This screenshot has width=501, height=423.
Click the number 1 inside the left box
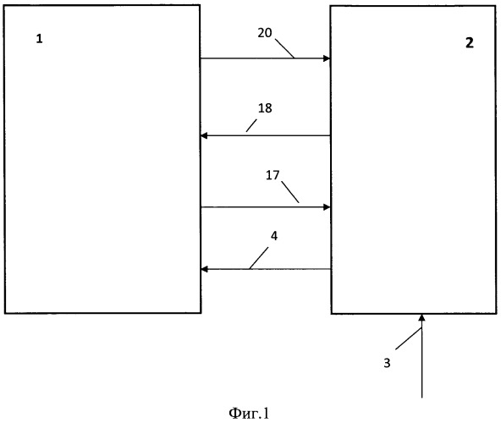pyautogui.click(x=39, y=39)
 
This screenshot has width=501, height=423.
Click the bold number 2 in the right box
pyautogui.click(x=469, y=42)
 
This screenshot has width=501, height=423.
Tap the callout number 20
pyautogui.click(x=265, y=33)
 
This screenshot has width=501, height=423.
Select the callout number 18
pyautogui.click(x=265, y=108)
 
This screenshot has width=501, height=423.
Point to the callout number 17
pyautogui.click(x=273, y=175)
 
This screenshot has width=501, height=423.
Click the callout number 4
pyautogui.click(x=274, y=236)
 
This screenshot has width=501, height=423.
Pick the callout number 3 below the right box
pyautogui.click(x=387, y=363)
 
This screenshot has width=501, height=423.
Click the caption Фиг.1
pyautogui.click(x=249, y=413)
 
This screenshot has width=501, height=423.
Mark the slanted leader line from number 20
pyautogui.click(x=284, y=48)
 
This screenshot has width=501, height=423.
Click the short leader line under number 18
pyautogui.click(x=251, y=125)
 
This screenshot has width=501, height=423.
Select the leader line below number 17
pyautogui.click(x=290, y=192)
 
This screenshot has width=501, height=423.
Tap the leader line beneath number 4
pyautogui.click(x=259, y=259)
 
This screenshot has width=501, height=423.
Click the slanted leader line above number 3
pyautogui.click(x=409, y=338)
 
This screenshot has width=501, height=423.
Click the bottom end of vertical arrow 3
pyautogui.click(x=421, y=398)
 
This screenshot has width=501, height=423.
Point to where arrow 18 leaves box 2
pyautogui.click(x=330, y=135)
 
